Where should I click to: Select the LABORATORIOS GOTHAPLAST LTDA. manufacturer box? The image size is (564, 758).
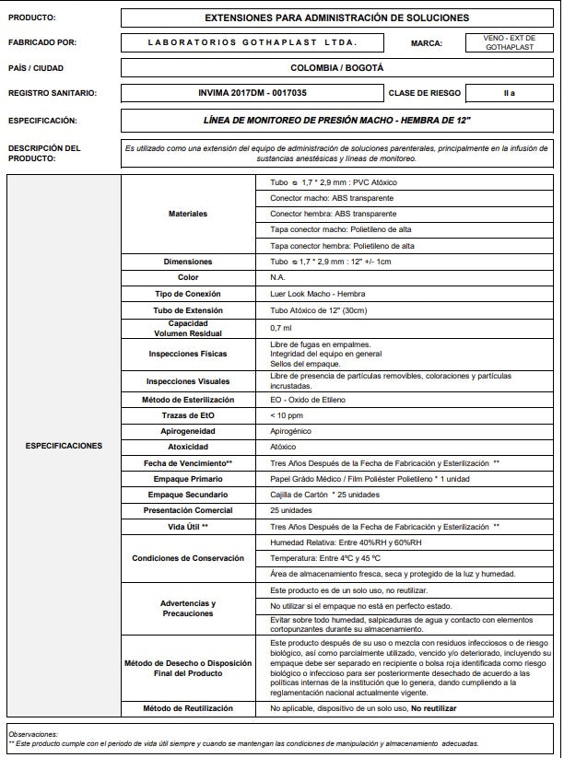pos(253,42)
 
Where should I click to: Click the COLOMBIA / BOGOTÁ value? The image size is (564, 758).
pos(336,68)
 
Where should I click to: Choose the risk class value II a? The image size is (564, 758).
pos(509,93)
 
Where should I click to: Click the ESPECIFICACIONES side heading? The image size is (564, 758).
pos(64,446)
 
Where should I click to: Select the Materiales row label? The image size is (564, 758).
pos(188,214)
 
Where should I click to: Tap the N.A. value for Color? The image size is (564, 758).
pos(277,277)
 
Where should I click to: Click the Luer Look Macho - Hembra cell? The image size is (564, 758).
pos(311,293)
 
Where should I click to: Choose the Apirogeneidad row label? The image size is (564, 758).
pos(188,431)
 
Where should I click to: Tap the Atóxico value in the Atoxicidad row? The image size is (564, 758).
pos(283,447)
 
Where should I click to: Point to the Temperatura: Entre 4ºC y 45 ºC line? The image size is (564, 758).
pos(326,558)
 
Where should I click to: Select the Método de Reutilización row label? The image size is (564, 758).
pos(188,708)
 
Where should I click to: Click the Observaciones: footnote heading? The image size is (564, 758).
pos(32,733)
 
